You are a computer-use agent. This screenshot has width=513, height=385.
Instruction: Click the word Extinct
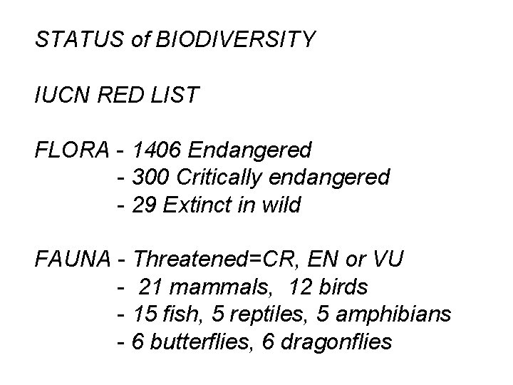[x=197, y=205]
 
